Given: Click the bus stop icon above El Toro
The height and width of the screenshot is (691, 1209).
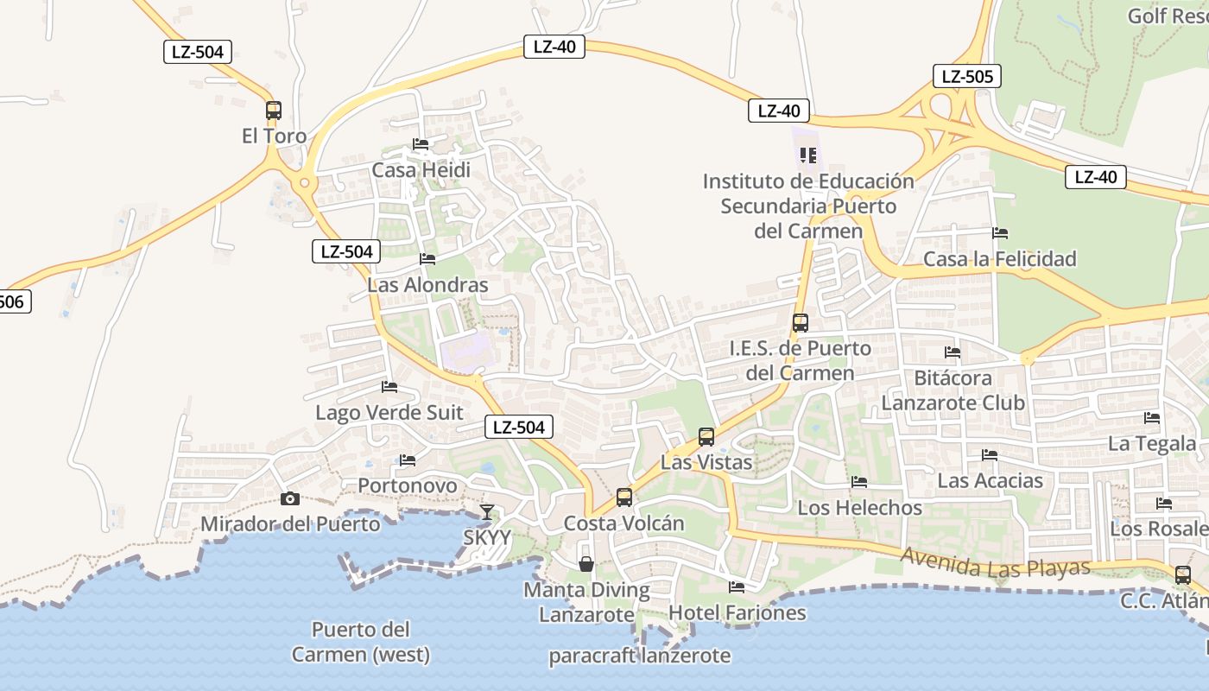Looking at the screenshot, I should click(274, 111).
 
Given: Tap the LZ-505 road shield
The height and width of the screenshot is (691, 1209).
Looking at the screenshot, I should click(966, 76).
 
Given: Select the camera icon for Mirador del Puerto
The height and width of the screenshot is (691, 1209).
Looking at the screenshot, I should click(290, 498).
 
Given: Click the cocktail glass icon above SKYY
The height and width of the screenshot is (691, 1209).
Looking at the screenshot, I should click(487, 512).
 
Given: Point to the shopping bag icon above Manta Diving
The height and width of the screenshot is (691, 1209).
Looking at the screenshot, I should click(586, 564).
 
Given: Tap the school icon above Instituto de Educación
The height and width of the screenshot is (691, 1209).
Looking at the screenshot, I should click(808, 155).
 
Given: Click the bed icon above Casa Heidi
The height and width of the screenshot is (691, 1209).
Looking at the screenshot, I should click(421, 144).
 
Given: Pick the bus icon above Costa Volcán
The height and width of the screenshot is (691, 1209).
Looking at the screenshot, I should click(624, 498).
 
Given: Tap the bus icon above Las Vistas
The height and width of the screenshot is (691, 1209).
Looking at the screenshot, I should click(706, 437).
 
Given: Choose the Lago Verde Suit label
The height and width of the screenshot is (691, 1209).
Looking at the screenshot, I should click(389, 412).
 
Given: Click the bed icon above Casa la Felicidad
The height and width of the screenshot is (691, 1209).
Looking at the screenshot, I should click(1000, 233).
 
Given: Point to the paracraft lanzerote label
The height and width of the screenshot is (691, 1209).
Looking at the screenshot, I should click(639, 656).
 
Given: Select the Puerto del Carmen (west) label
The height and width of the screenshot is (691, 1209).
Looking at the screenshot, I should click(361, 642).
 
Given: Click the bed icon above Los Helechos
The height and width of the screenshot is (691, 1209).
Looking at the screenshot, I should click(858, 482).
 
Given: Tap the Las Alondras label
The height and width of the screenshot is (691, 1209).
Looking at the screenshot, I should click(427, 284).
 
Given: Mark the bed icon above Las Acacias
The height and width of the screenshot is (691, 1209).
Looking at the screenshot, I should click(990, 455).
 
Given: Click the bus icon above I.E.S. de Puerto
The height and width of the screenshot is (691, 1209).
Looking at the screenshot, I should click(801, 323).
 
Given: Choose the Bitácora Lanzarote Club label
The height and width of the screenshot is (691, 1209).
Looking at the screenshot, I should click(953, 390).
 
